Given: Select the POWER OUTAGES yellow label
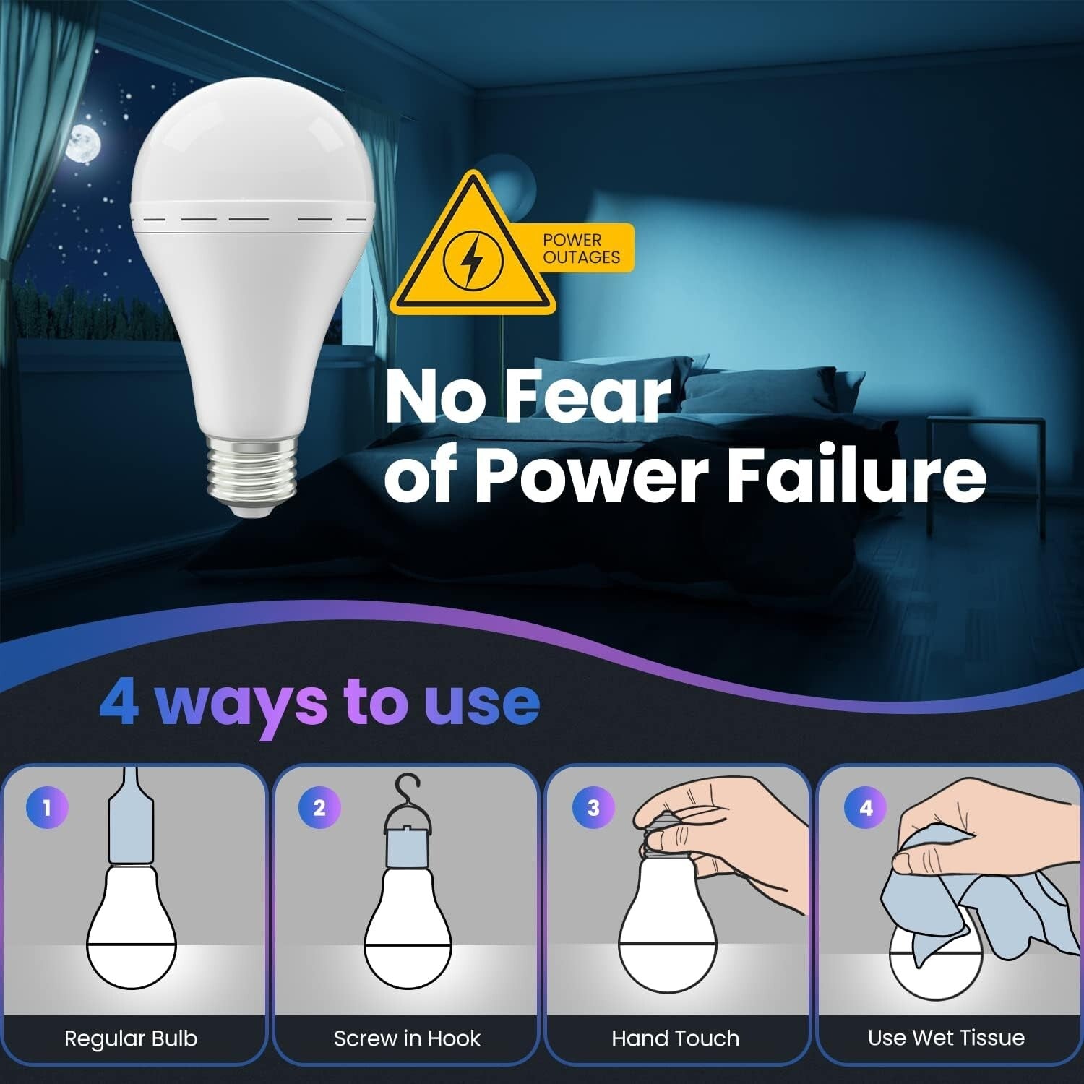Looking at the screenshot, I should click(582, 248).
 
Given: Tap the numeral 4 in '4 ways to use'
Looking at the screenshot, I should click(119, 701).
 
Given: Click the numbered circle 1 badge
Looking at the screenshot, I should click(47, 807).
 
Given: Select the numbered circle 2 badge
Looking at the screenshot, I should click(319, 807).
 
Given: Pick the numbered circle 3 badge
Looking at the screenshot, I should click(593, 807).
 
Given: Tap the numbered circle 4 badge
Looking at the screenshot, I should click(866, 807).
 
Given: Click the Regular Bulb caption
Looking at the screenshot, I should click(131, 1038).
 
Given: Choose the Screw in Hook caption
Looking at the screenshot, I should click(407, 1038).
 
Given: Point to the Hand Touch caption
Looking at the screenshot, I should click(676, 1038).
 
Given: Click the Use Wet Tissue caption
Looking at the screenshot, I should click(946, 1038).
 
